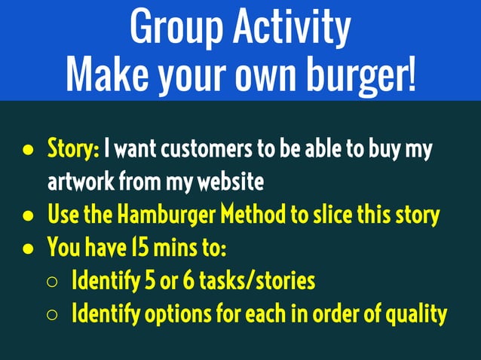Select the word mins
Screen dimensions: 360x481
[x=173, y=249]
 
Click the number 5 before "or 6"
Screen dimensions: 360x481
[x=141, y=282]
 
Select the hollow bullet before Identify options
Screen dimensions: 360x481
[x=52, y=315]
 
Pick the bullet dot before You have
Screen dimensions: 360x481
[x=28, y=249]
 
